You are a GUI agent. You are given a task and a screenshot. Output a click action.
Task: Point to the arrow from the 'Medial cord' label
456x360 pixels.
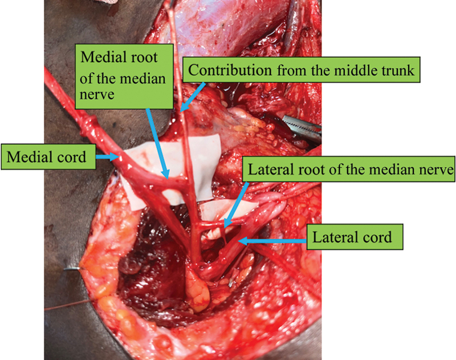click(x=108, y=155)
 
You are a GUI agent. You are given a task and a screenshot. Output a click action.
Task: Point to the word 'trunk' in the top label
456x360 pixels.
click(x=397, y=71)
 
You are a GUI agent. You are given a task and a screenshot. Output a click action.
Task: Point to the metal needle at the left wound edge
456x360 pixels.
click(x=74, y=268)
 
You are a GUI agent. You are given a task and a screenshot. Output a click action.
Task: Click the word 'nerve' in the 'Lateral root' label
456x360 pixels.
click(x=436, y=169)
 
